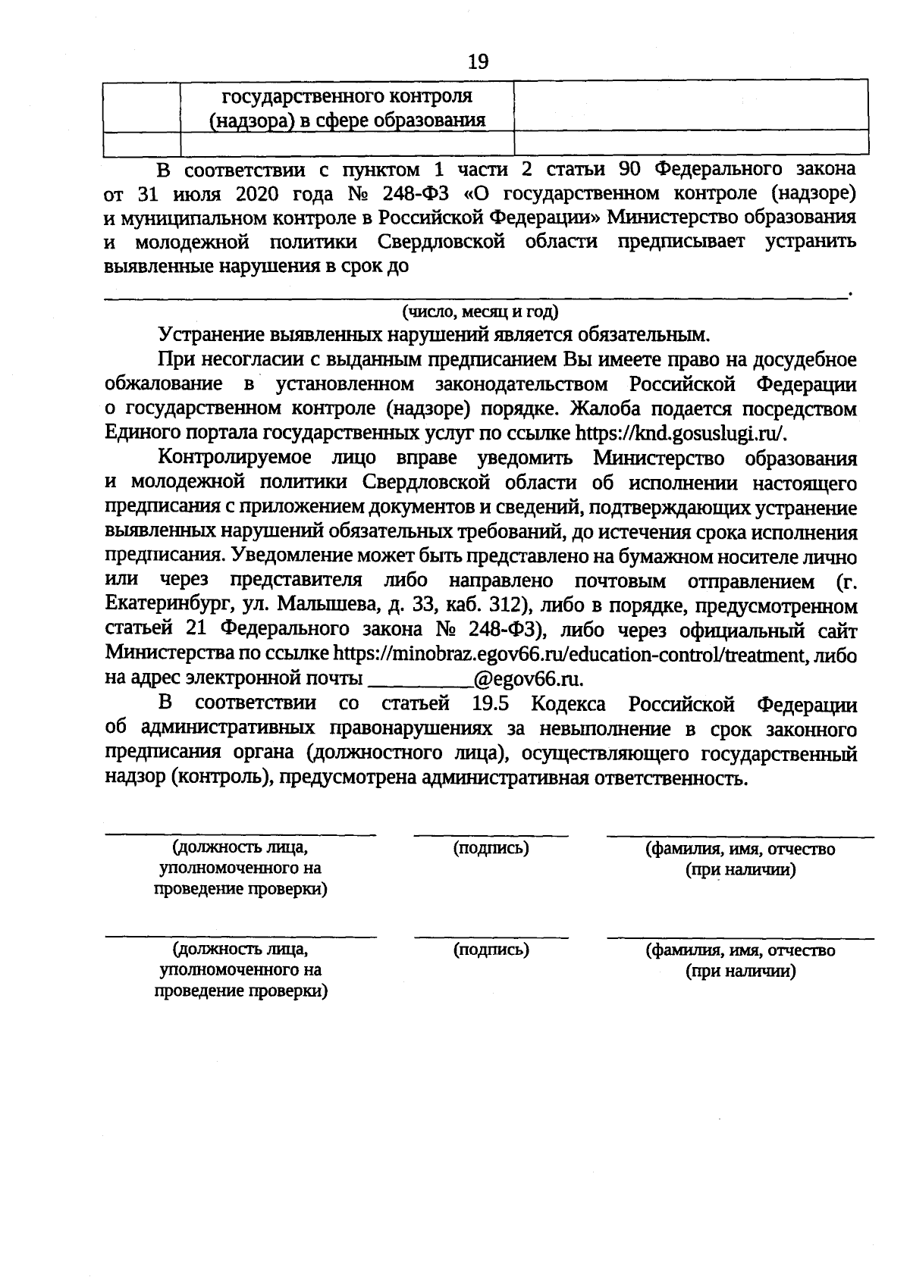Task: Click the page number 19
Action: tap(479, 61)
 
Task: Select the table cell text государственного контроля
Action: tap(347, 97)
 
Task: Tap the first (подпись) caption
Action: tap(491, 848)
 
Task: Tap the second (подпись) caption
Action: tap(491, 949)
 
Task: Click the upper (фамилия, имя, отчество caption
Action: tap(740, 849)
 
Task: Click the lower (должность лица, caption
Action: tap(240, 949)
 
